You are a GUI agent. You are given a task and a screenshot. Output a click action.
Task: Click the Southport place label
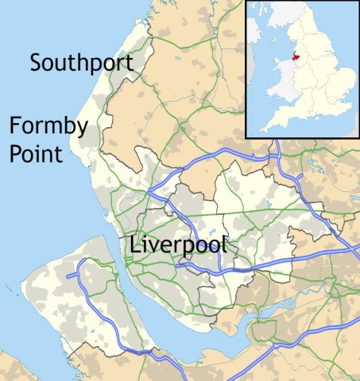81,63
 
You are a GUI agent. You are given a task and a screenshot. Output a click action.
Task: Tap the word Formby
48,125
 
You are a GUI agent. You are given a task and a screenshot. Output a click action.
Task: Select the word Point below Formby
36,152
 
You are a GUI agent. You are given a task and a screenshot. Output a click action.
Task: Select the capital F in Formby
16,125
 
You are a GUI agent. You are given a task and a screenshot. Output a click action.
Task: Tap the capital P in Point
16,152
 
